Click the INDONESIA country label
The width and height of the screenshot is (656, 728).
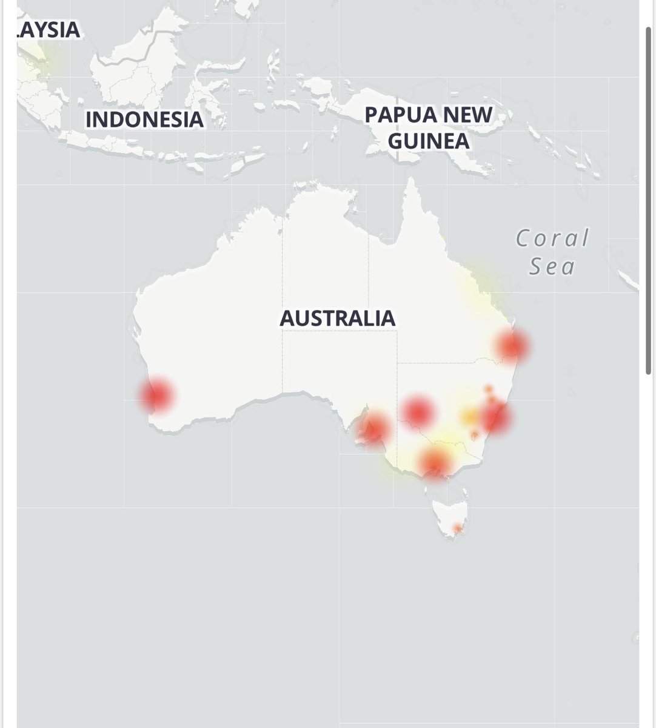point(144,119)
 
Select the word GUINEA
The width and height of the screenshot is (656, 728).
point(429,141)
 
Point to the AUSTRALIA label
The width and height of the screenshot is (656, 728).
point(337,318)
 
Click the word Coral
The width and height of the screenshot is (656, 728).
point(552,238)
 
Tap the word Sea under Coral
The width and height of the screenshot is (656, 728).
point(552,266)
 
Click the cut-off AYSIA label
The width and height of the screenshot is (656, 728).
point(49,29)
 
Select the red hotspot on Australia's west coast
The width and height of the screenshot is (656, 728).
point(156,396)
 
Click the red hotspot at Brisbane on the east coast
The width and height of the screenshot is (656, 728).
point(512,346)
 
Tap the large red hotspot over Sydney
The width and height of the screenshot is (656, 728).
point(495,417)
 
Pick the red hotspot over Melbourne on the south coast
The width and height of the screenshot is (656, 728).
point(435,463)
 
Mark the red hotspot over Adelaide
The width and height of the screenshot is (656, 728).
point(372,428)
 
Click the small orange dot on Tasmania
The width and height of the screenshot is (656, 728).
point(458,530)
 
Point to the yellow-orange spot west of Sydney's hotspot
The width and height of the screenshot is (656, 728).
point(469,417)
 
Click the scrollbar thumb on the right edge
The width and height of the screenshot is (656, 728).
point(648,200)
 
